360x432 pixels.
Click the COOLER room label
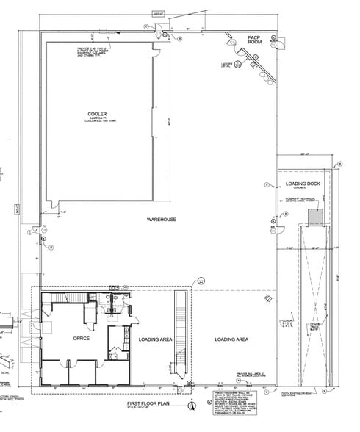tap(97, 115)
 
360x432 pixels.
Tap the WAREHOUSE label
tap(160, 220)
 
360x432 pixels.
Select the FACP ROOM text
tap(255, 40)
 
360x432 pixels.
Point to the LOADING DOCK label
tap(302, 183)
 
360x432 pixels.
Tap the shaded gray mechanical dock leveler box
tap(314, 217)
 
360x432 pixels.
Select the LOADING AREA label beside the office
tap(156, 339)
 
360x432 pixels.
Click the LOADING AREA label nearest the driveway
tap(231, 339)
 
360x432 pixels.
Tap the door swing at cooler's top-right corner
tap(156, 50)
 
